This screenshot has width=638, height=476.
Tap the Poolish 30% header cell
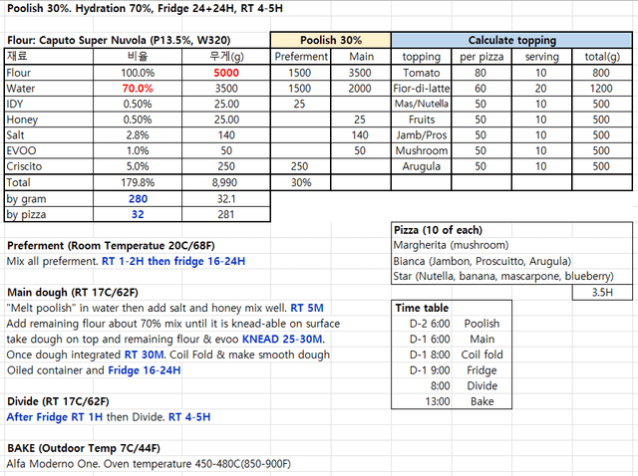[x=331, y=41]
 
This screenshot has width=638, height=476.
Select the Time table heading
[x=421, y=309]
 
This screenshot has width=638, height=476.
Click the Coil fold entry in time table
[x=481, y=355]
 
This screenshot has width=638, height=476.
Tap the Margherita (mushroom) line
[x=451, y=245]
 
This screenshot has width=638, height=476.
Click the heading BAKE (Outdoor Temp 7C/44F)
[x=84, y=448]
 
